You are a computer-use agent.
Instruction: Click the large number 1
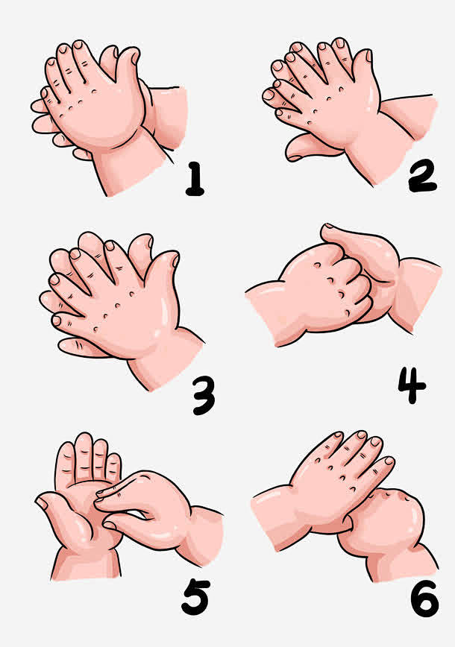tap(195, 178)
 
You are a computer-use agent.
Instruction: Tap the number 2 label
tap(422, 176)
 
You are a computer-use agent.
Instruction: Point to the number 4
tap(411, 385)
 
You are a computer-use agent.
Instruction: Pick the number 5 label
tap(195, 597)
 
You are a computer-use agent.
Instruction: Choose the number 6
tap(424, 599)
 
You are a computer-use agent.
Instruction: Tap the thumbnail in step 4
tap(329, 226)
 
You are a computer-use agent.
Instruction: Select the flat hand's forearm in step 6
tap(277, 516)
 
